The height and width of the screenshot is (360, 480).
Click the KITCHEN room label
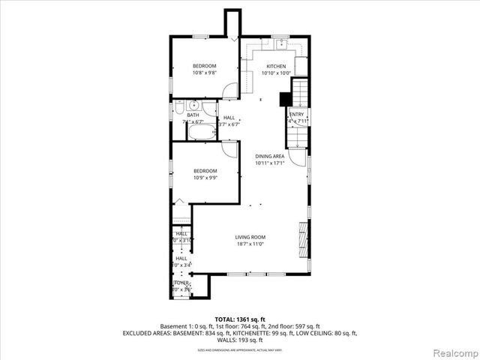pos(274,67)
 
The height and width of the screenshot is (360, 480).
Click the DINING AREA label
pos(268,156)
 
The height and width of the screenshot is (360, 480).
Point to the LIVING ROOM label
pos(250,237)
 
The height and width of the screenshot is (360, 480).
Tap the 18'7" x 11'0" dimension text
pos(250,244)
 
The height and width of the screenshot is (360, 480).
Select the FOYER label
pos(181,283)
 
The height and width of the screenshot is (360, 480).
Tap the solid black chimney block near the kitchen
pos(285,98)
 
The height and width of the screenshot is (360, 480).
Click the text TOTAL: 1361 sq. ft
pos(239,319)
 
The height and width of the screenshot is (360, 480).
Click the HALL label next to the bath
pos(229,118)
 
